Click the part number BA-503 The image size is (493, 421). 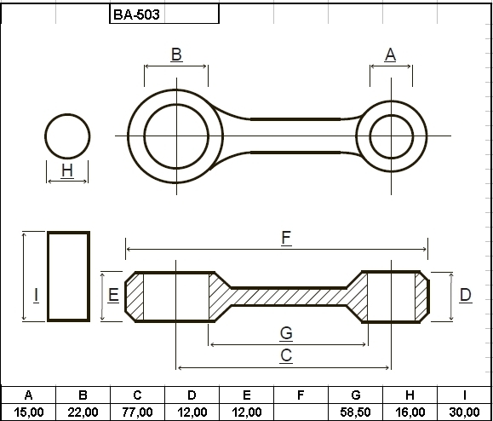point(136,14)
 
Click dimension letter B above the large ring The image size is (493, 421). point(176,55)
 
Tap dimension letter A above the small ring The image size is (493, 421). point(390,55)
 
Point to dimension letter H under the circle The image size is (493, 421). point(67,170)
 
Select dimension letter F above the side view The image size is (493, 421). point(286,238)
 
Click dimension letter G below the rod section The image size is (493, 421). point(286,333)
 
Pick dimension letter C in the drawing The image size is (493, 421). point(286,355)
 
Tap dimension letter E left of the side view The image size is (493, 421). point(113,295)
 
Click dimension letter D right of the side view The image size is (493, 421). point(466,295)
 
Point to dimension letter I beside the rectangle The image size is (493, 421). point(36,296)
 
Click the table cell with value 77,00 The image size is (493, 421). point(137,412)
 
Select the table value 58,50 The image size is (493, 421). point(355,412)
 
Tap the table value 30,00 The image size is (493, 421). point(464,412)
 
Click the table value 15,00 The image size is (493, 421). point(28,412)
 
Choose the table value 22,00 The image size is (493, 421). point(83,412)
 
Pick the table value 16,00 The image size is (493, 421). point(410,412)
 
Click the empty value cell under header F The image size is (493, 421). point(301,412)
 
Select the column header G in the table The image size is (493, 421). point(356,395)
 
